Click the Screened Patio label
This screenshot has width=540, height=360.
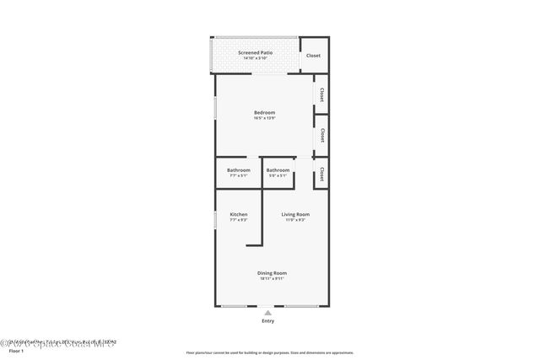pos(255,52)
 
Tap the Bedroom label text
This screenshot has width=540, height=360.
pos(265,112)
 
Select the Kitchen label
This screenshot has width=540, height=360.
pos(239,215)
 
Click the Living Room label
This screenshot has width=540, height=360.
pos(295,215)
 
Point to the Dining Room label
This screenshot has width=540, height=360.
pos(273,272)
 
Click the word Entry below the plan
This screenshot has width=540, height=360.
pos(268,320)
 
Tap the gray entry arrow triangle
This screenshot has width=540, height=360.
pos(268,312)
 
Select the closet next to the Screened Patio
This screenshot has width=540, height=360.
pos(313,56)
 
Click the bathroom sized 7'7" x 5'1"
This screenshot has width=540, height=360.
pos(238,173)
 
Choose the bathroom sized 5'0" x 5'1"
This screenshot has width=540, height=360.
pos(278,173)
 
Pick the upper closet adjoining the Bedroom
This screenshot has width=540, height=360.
pos(321,96)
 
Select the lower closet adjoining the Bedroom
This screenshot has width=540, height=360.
pos(321,135)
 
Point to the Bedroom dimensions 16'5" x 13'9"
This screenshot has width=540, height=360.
pos(265,118)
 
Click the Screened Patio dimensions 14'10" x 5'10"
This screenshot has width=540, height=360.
pos(255,58)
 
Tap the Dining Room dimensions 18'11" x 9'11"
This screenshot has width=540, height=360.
pos(273,278)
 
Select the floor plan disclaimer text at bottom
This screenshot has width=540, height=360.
pos(269,352)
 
